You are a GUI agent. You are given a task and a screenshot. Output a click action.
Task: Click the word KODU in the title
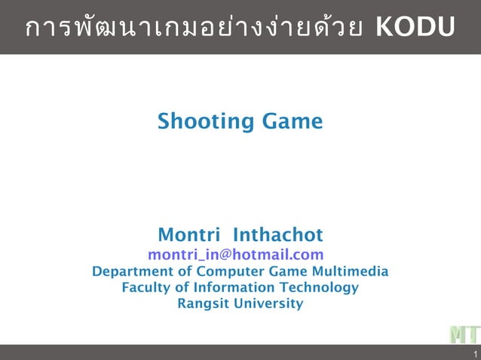tap(415, 27)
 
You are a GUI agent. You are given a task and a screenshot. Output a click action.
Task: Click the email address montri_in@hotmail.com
tap(235, 255)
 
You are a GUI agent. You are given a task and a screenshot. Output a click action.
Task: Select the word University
tap(268, 304)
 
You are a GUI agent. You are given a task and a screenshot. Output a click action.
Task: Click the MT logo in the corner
tap(464, 334)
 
